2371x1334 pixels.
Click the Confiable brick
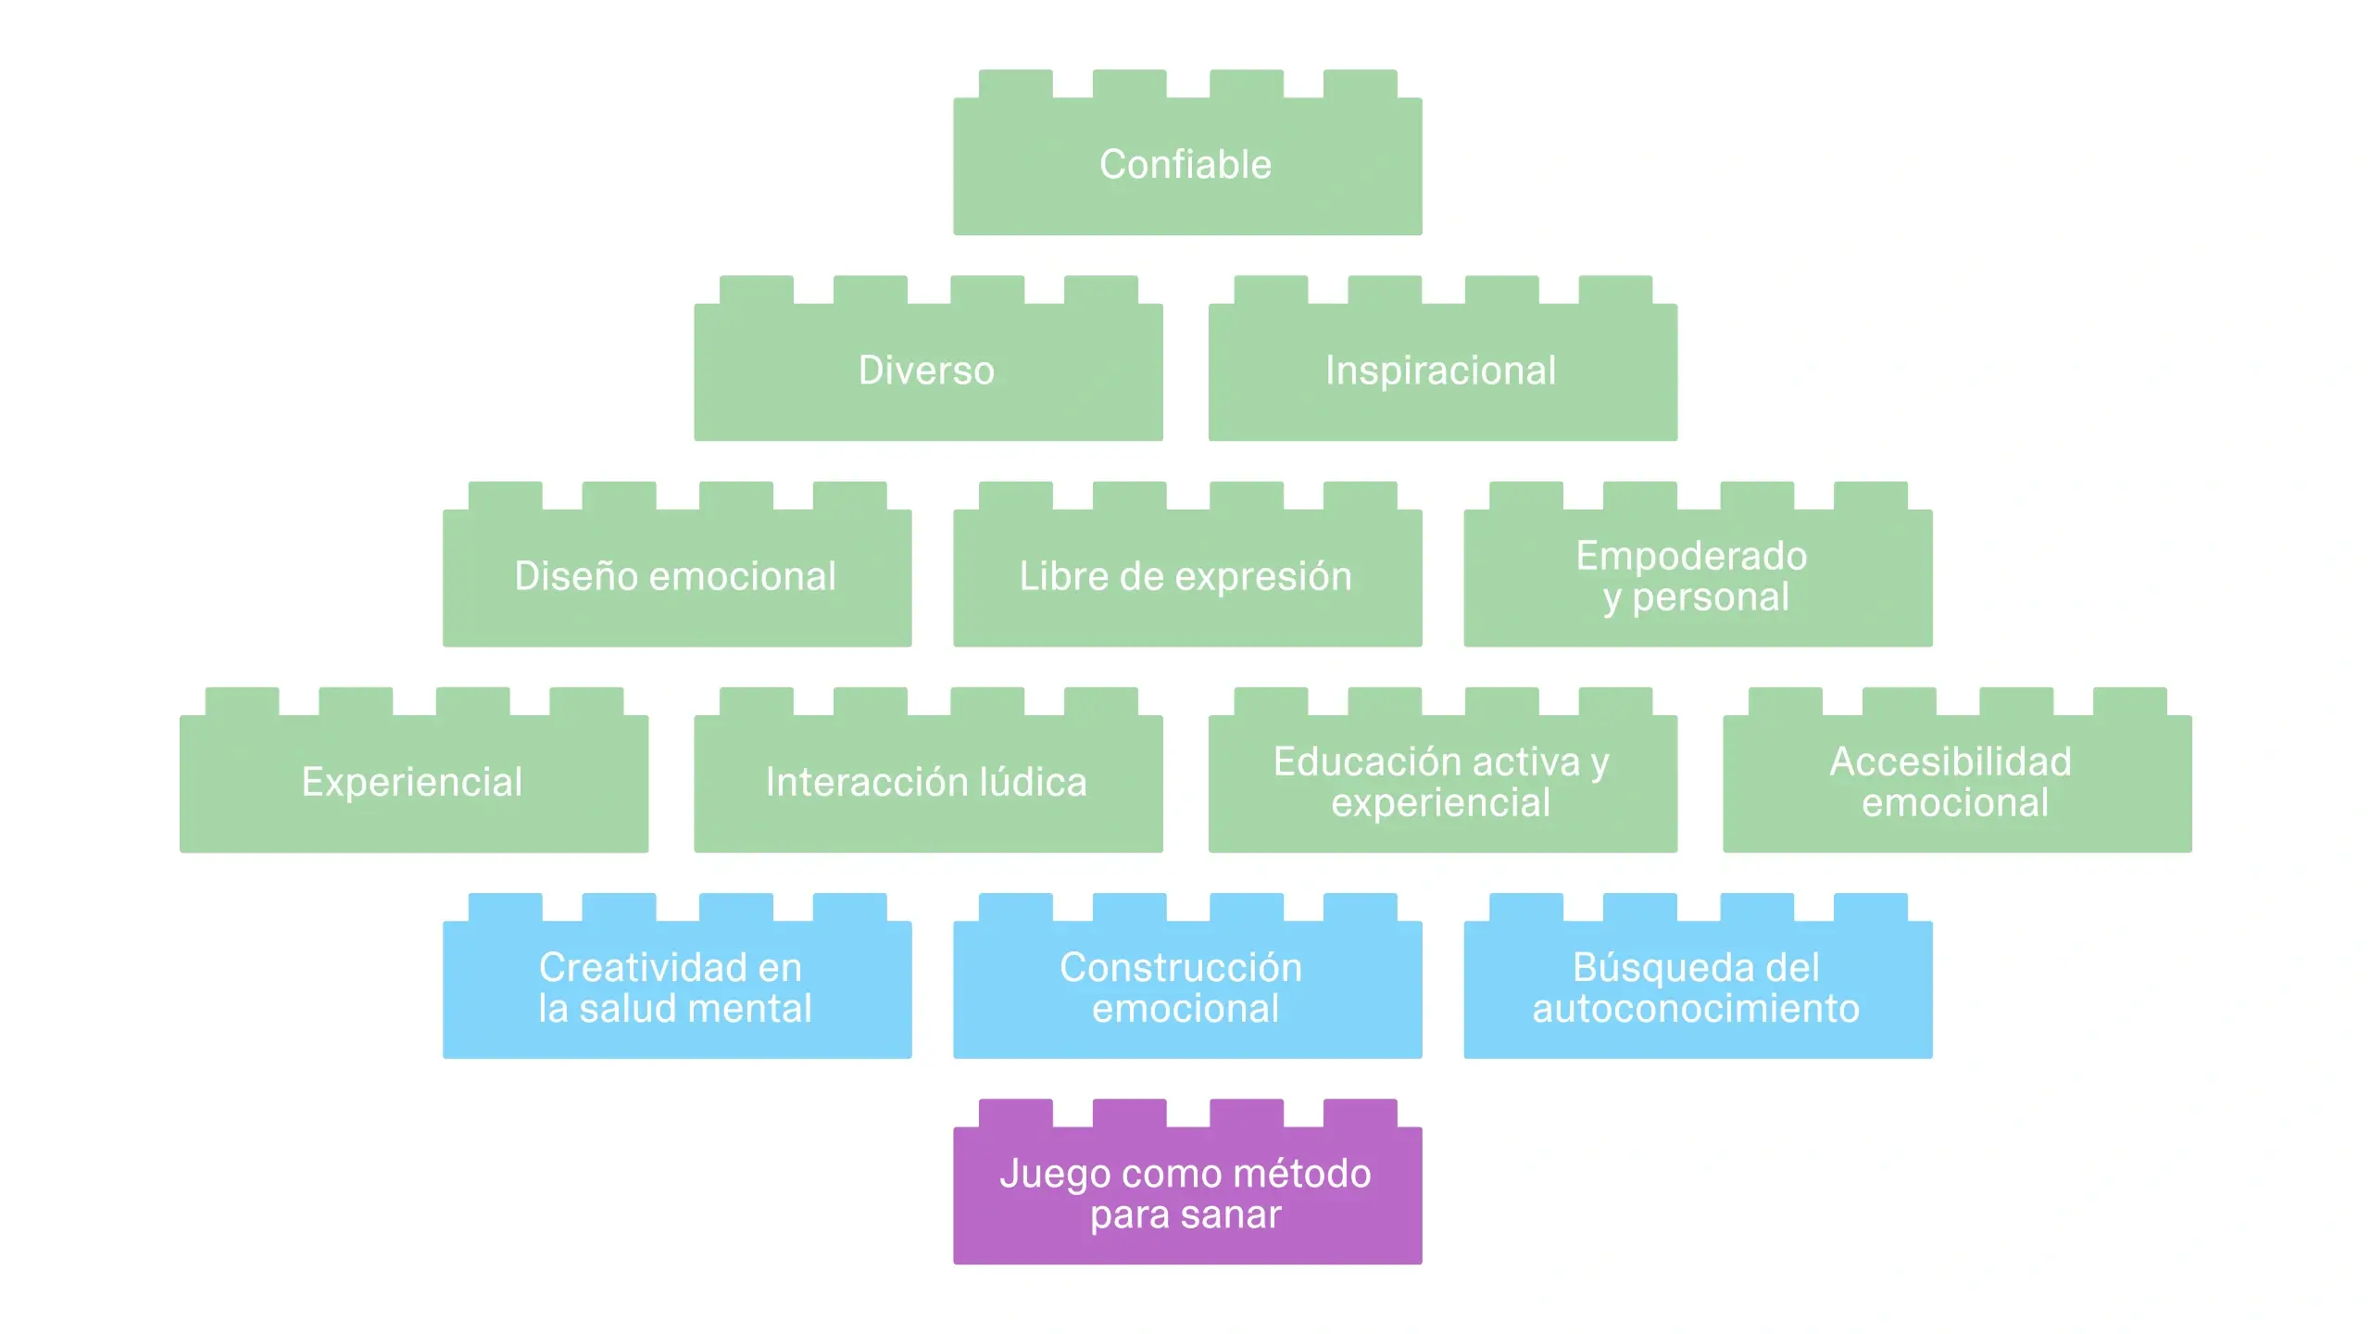[1186, 165]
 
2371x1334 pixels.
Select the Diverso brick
[927, 371]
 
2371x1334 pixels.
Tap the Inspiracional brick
[1441, 371]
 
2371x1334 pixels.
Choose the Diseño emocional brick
[676, 576]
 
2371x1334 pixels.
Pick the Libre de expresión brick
[1186, 576]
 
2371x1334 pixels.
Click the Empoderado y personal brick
[1697, 576]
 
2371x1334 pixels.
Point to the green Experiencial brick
[413, 783]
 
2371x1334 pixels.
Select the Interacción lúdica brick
[927, 783]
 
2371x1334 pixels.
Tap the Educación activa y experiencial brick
[1441, 783]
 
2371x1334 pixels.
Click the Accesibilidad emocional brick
[1956, 783]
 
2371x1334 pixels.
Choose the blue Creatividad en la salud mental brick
[676, 988]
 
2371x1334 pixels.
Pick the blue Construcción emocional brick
[1186, 988]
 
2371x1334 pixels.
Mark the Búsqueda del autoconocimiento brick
[1697, 988]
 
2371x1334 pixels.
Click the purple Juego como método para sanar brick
[1186, 1194]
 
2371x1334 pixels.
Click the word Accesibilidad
[1951, 762]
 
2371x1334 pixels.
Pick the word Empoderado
[1691, 556]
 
